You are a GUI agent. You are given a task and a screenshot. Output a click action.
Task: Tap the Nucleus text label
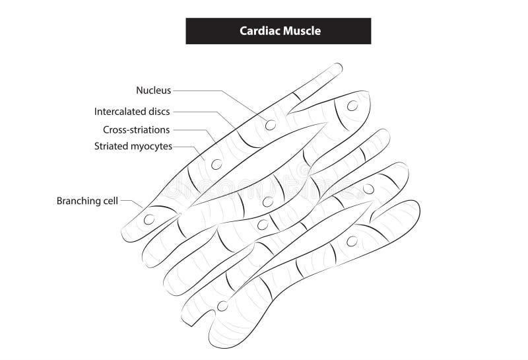(154, 90)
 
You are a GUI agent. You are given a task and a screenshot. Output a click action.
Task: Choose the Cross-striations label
(136, 129)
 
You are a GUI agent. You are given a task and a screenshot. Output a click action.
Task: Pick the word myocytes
(150, 147)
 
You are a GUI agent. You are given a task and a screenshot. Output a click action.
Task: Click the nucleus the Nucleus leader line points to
(271, 124)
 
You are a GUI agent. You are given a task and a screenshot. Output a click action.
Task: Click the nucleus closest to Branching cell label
(149, 219)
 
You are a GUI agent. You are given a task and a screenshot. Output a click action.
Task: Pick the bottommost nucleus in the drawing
(222, 306)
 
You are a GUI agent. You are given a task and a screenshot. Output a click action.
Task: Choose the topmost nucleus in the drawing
(352, 106)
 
